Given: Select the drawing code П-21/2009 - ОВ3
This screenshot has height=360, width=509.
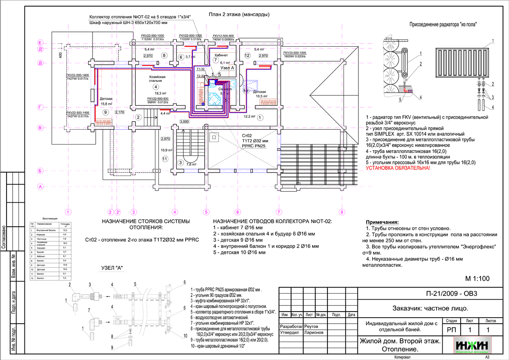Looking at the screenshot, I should click(x=452, y=294).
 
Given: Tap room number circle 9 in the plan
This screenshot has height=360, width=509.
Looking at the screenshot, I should click(x=105, y=112).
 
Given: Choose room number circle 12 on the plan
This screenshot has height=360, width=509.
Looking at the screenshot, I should click(x=247, y=55).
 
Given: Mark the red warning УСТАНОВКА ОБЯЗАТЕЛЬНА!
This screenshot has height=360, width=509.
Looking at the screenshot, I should click(x=398, y=167).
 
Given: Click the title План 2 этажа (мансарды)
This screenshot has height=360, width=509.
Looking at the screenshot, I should click(x=239, y=14).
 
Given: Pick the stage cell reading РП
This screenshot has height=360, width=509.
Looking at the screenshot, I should click(x=452, y=329).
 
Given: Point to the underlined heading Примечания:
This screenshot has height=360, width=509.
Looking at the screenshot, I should click(x=382, y=222).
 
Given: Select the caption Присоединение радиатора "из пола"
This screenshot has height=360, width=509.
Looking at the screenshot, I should click(x=442, y=25).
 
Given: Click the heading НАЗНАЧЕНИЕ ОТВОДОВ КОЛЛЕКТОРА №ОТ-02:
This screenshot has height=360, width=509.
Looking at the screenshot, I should click(x=272, y=222).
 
